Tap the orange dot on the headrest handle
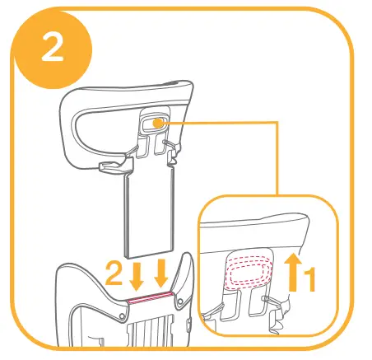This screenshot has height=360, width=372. click(x=155, y=123)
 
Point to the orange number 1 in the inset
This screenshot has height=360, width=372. click(x=308, y=281)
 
